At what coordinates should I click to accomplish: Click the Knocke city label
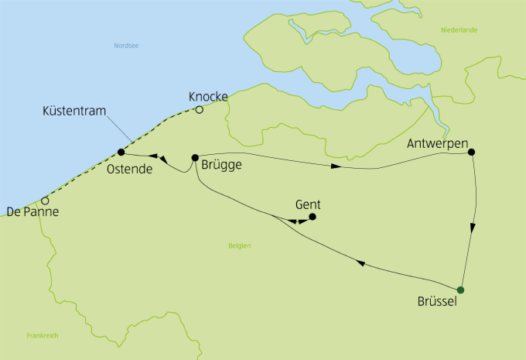pyautogui.click(x=208, y=97)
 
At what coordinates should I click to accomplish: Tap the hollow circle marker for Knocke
pyautogui.click(x=199, y=110)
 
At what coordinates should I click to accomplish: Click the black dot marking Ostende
pyautogui.click(x=121, y=152)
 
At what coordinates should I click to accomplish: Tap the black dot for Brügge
pyautogui.click(x=195, y=157)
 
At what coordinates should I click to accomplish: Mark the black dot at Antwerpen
pyautogui.click(x=470, y=152)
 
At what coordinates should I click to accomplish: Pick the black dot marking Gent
pyautogui.click(x=313, y=217)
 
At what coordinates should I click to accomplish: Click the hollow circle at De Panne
pyautogui.click(x=46, y=201)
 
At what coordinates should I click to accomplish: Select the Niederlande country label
pyautogui.click(x=459, y=30)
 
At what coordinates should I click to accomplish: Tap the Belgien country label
pyautogui.click(x=240, y=245)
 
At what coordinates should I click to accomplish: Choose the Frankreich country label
pyautogui.click(x=43, y=335)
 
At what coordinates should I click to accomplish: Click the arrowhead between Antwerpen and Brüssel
pyautogui.click(x=472, y=229)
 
